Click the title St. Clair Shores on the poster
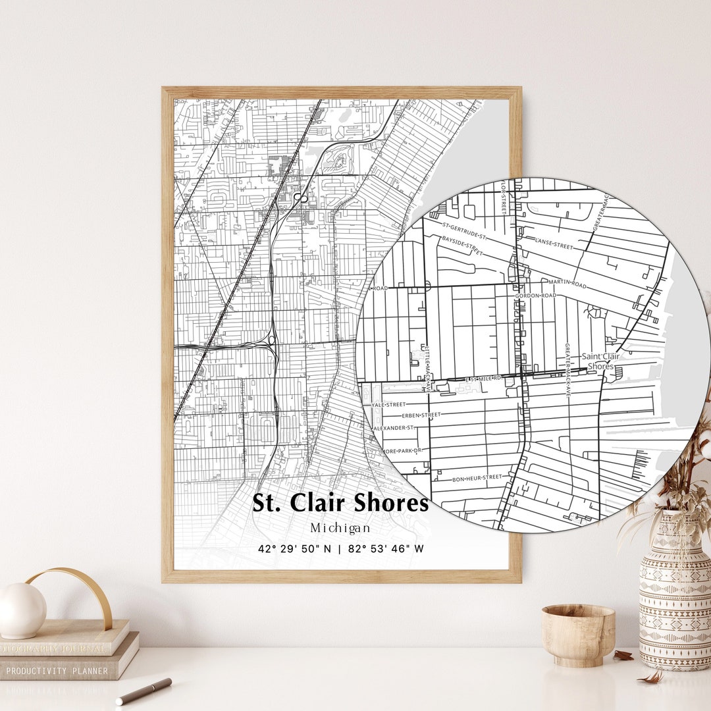click(x=340, y=503)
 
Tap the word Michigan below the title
click(x=340, y=528)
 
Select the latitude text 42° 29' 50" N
click(x=295, y=548)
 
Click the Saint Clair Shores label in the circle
click(x=600, y=361)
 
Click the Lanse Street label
click(x=554, y=245)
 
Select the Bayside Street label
click(x=461, y=246)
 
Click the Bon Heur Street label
click(x=477, y=478)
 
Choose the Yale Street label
click(x=388, y=405)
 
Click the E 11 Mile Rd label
click(x=484, y=379)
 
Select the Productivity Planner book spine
click(x=56, y=671)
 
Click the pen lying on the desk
click(x=144, y=691)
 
